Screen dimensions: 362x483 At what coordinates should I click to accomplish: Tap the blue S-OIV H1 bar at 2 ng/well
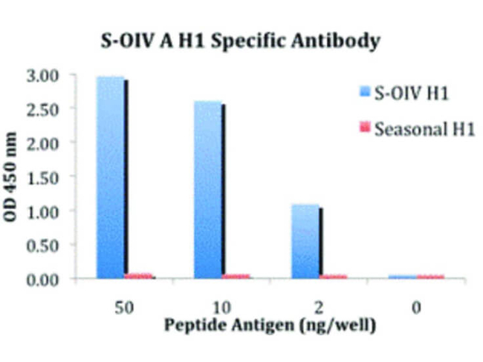pos(305,241)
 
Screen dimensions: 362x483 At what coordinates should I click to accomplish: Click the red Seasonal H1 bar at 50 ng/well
pos(139,276)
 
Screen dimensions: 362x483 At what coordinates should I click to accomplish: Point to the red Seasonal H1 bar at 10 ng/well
pos(236,277)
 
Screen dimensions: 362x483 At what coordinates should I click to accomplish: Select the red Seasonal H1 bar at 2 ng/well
pos(333,277)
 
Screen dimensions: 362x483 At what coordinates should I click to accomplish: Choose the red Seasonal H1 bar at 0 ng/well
pos(430,277)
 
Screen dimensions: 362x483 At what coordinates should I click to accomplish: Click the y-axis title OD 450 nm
pos(14,177)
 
